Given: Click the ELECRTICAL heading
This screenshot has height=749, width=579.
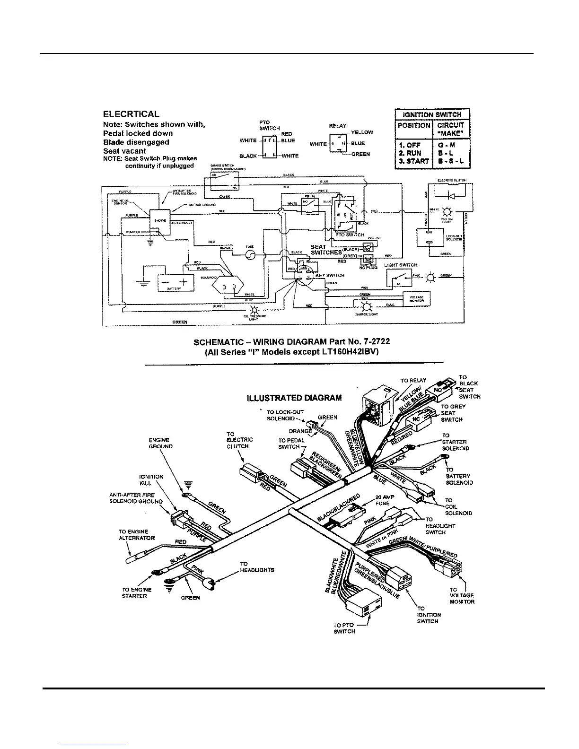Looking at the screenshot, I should click(x=131, y=114).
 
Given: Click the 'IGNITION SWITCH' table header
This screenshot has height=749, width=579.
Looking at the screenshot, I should click(x=432, y=114).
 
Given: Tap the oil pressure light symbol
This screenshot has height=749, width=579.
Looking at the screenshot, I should click(x=255, y=310).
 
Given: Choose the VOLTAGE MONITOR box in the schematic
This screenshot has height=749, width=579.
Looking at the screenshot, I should click(x=416, y=298).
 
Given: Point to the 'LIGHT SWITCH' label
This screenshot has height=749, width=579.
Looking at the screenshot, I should click(x=401, y=265).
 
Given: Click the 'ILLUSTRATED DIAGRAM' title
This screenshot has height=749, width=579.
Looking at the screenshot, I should click(x=294, y=398).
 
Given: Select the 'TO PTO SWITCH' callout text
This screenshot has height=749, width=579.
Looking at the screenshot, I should click(x=344, y=628).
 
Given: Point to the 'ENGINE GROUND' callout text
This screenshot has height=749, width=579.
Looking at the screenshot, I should click(x=161, y=443).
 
